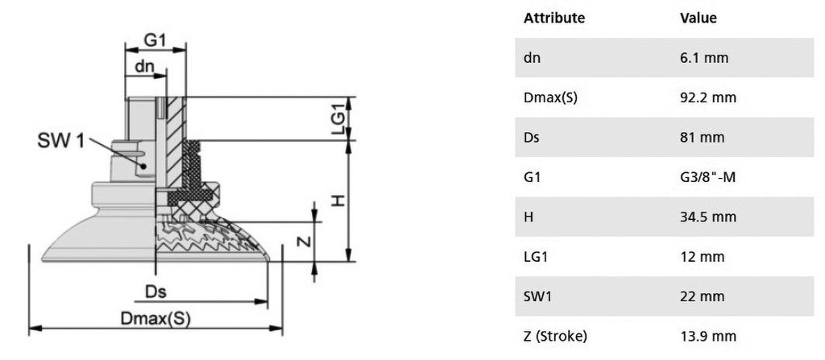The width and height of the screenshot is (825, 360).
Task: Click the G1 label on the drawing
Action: pyautogui.click(x=155, y=40)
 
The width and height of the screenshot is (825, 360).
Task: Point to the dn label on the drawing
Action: pyautogui.click(x=145, y=67)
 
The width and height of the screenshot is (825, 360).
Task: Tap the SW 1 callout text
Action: pyautogui.click(x=60, y=141)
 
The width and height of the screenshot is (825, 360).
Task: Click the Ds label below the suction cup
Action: pyautogui.click(x=155, y=292)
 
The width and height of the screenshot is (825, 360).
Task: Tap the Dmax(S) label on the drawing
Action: pyautogui.click(x=155, y=318)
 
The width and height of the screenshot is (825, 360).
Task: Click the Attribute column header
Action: pyautogui.click(x=554, y=18)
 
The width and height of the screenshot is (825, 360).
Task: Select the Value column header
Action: pyautogui.click(x=699, y=18)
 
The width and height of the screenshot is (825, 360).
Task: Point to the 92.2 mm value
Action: pyautogui.click(x=707, y=97)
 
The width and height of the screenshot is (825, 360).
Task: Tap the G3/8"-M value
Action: pyautogui.click(x=707, y=177)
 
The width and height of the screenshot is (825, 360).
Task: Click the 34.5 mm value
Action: pyautogui.click(x=707, y=217)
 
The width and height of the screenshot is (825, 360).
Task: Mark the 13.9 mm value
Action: pyautogui.click(x=707, y=337)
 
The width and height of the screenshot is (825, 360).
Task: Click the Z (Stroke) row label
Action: pyautogui.click(x=555, y=337)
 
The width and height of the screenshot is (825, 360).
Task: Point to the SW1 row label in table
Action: pyautogui.click(x=537, y=296)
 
